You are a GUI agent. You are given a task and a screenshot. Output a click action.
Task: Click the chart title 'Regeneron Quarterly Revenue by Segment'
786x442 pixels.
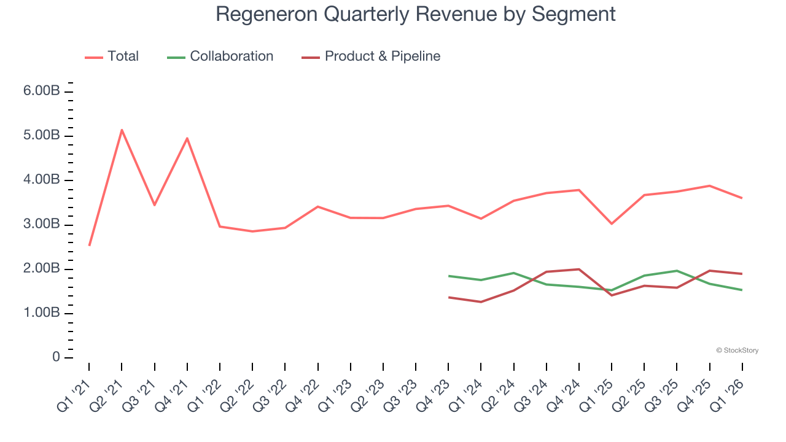click(x=415, y=14)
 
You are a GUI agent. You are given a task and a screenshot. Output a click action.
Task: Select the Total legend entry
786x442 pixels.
click(x=112, y=56)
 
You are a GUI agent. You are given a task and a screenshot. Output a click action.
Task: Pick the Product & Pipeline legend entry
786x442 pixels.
click(x=371, y=56)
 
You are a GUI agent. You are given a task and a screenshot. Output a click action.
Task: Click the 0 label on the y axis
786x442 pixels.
click(x=56, y=358)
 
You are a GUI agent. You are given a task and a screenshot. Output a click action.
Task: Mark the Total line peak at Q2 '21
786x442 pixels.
click(x=122, y=130)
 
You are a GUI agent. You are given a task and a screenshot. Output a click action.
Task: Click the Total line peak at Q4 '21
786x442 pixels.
click(x=187, y=138)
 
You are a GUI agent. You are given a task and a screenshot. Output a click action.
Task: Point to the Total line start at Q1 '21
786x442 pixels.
click(x=90, y=245)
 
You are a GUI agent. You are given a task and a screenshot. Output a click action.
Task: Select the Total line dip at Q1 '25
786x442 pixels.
click(x=612, y=223)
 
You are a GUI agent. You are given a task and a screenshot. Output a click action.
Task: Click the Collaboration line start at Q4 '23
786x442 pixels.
click(x=449, y=276)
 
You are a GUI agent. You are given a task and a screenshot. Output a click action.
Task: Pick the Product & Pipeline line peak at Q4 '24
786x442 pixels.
click(x=579, y=269)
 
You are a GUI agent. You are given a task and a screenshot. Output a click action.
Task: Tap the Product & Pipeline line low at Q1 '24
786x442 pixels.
click(x=481, y=301)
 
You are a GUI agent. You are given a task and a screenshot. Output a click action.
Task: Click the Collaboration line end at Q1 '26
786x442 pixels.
click(x=742, y=290)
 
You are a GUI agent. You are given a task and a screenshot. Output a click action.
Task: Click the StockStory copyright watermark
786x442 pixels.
click(x=737, y=351)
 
